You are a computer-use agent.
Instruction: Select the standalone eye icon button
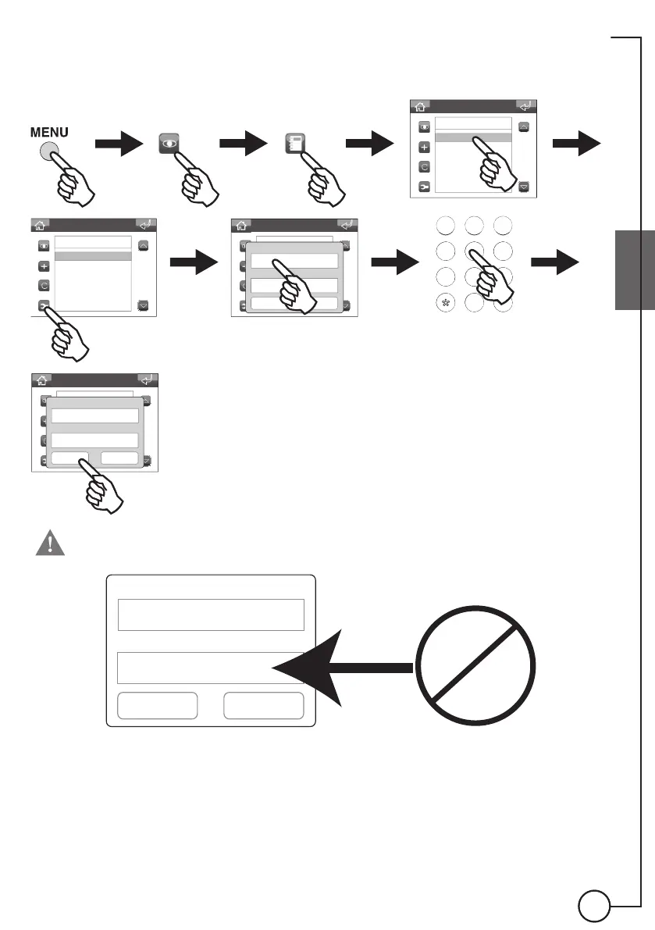tap(170, 144)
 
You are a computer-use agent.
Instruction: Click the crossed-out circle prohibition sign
tap(476, 654)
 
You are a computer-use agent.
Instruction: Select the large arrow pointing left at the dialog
tap(344, 666)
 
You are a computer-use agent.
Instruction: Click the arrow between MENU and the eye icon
tap(118, 144)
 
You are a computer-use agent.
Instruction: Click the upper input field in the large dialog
tap(210, 615)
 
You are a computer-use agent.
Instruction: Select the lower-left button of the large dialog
tap(156, 706)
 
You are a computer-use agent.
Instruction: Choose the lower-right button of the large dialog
tap(263, 706)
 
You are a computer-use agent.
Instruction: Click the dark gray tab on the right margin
tap(634, 270)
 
